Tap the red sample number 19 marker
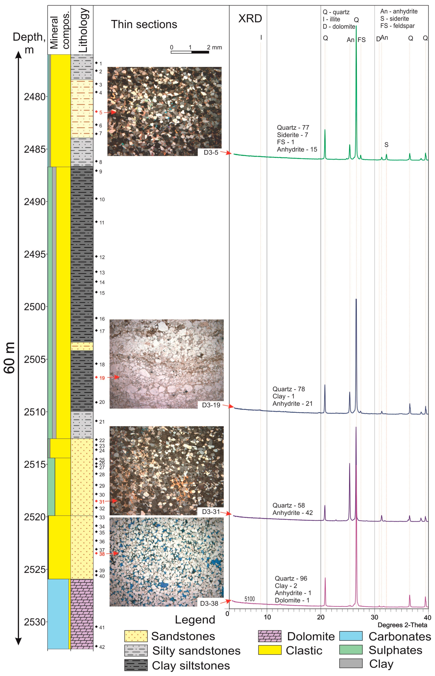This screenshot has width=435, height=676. (102, 378)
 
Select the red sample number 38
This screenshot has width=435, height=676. (102, 554)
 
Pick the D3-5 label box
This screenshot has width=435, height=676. (211, 153)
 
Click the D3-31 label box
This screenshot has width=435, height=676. (211, 512)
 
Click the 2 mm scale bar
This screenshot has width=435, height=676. (190, 52)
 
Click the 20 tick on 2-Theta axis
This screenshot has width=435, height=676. (321, 617)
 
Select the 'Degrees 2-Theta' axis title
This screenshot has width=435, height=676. (402, 625)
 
